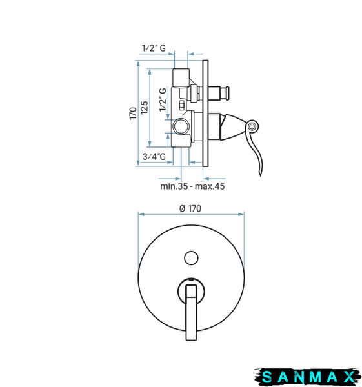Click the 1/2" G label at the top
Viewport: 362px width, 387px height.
pyautogui.click(x=154, y=48)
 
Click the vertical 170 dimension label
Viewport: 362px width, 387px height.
pyautogui.click(x=133, y=114)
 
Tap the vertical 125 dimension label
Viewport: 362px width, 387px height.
pyautogui.click(x=145, y=107)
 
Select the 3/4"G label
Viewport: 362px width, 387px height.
pyautogui.click(x=154, y=157)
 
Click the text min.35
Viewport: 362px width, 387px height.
pyautogui.click(x=174, y=186)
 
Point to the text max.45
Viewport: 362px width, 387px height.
pyautogui.click(x=210, y=186)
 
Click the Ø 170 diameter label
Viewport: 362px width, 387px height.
pyautogui.click(x=190, y=208)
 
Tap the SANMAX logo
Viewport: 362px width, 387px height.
pyautogui.click(x=308, y=377)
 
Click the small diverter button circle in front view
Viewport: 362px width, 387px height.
pyautogui.click(x=191, y=258)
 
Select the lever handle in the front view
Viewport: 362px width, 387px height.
pyautogui.click(x=192, y=312)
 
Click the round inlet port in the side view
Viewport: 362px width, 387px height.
pyautogui.click(x=181, y=126)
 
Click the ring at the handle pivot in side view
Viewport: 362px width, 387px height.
pyautogui.click(x=252, y=126)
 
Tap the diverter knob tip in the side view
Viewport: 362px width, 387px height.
pyautogui.click(x=226, y=94)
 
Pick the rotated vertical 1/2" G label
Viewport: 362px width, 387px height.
pyautogui.click(x=163, y=100)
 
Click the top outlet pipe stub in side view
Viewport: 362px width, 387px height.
pyautogui.click(x=181, y=77)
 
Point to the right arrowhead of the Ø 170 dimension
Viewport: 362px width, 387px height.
pyautogui.click(x=241, y=214)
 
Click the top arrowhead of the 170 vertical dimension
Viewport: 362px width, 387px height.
pyautogui.click(x=138, y=63)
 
